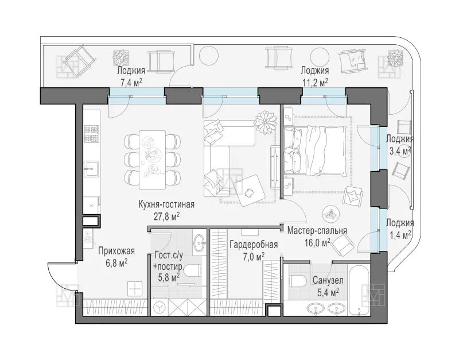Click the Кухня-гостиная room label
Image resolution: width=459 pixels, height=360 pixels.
coord(166,204)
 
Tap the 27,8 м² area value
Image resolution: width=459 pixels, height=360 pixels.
coord(166,216)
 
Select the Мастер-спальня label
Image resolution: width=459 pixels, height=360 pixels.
coord(317,231)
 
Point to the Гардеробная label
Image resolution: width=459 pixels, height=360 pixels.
coord(254,244)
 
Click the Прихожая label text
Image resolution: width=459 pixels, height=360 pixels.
coord(116,251)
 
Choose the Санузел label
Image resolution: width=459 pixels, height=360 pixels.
coord(328,280)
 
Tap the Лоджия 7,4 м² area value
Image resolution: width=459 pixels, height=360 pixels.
coord(131,83)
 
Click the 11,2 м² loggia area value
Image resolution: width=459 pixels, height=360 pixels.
coord(315,83)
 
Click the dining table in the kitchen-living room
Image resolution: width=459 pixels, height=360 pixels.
coord(152,160)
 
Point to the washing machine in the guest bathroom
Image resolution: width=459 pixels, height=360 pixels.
coord(160,308)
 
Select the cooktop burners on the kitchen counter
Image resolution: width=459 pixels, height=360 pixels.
coord(92,134)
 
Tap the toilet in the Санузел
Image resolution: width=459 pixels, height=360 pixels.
coord(297,281)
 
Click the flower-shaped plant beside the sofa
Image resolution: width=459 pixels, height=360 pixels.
coord(265,122)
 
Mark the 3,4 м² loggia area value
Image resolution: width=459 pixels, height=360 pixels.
coord(399,151)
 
